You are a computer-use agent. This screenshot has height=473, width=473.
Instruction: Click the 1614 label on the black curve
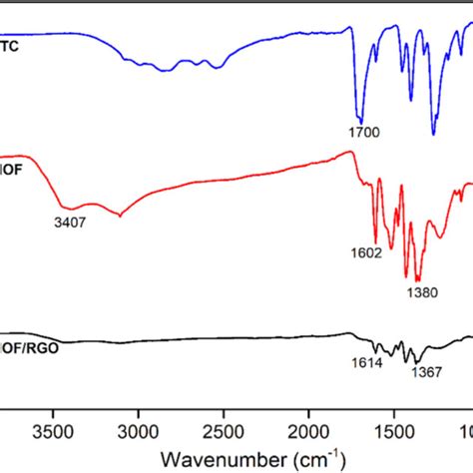(x=367, y=363)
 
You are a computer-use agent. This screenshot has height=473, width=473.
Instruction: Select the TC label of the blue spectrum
(x=11, y=47)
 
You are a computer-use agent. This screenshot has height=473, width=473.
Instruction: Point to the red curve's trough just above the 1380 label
(x=417, y=280)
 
